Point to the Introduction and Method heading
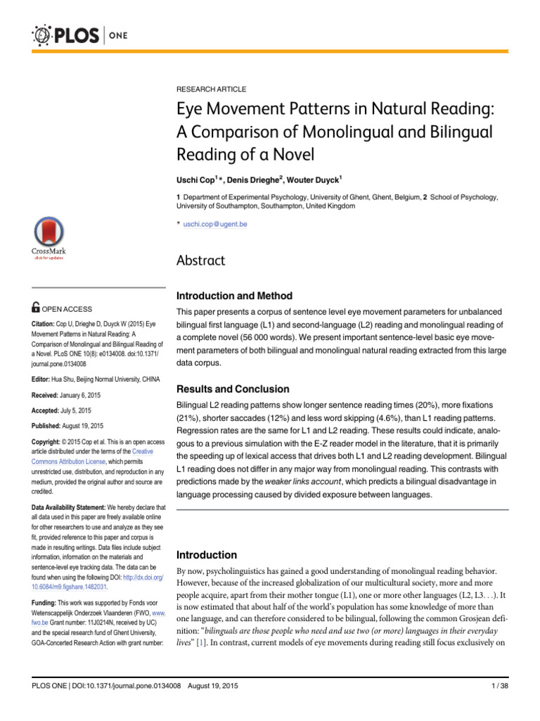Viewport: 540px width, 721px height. (x=233, y=296)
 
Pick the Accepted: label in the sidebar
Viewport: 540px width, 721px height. (x=49, y=410)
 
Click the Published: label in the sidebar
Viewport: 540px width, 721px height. (x=51, y=426)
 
